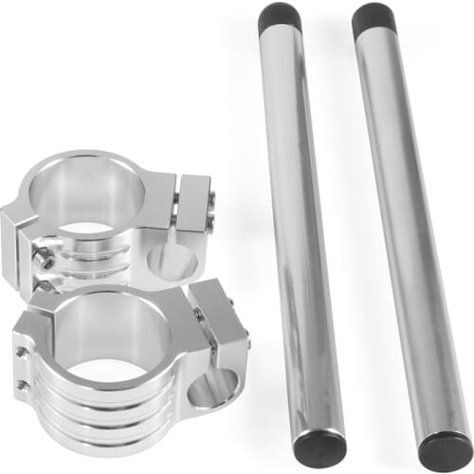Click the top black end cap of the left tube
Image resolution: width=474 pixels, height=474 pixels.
pyautogui.click(x=280, y=17)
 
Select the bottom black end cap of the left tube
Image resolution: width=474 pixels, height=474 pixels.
pyautogui.click(x=319, y=447)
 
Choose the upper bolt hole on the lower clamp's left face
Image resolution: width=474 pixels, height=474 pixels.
pyautogui.click(x=21, y=353)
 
